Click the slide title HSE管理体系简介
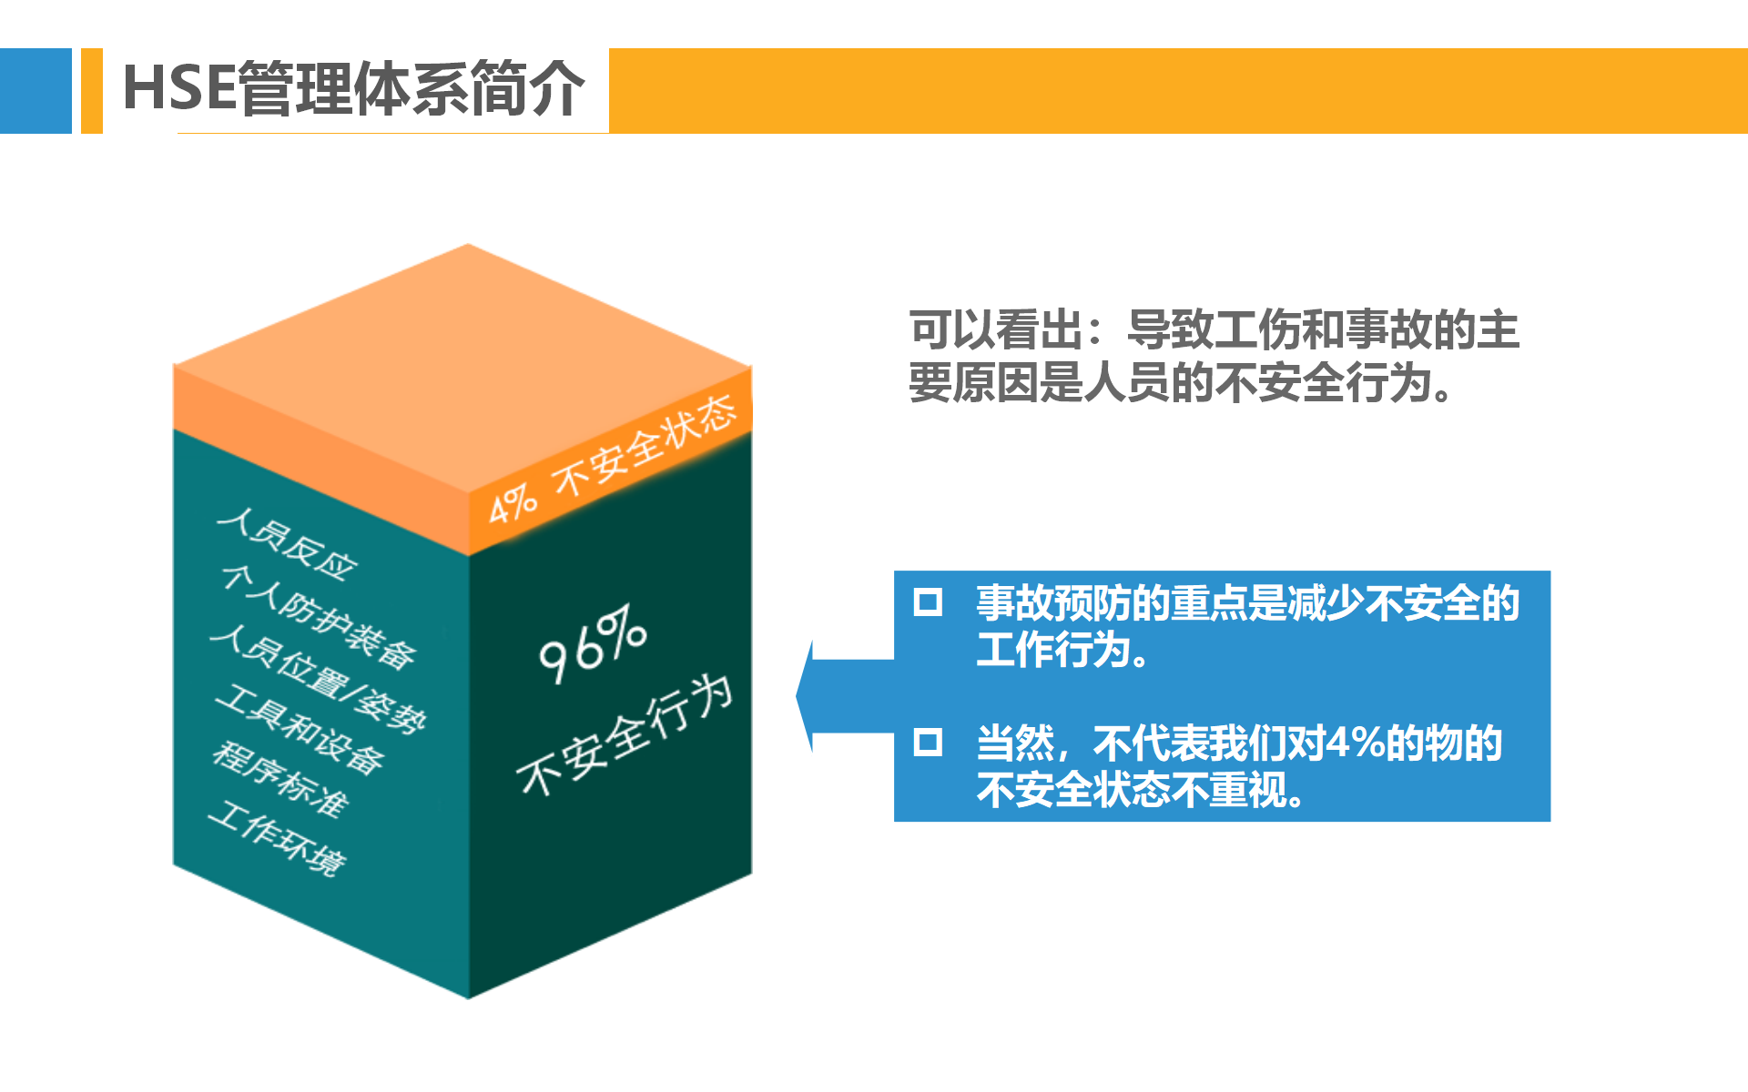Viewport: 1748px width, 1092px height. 353,88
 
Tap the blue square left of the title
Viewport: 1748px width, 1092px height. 36,91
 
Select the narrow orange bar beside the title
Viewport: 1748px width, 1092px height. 92,91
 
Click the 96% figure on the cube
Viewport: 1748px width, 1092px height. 593,642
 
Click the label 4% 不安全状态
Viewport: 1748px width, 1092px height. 613,460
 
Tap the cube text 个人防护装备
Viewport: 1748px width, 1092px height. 320,616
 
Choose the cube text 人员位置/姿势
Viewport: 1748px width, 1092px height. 319,679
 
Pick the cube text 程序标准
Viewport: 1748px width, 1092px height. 280,778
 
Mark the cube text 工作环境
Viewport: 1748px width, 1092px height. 278,838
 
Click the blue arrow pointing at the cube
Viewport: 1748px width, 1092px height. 845,696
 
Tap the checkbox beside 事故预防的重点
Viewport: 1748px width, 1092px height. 928,602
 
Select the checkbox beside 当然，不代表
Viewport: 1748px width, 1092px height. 928,743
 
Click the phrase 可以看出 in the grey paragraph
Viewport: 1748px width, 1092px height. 996,329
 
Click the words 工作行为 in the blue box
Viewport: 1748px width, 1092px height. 1052,650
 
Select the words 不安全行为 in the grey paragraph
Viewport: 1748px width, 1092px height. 1324,382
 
